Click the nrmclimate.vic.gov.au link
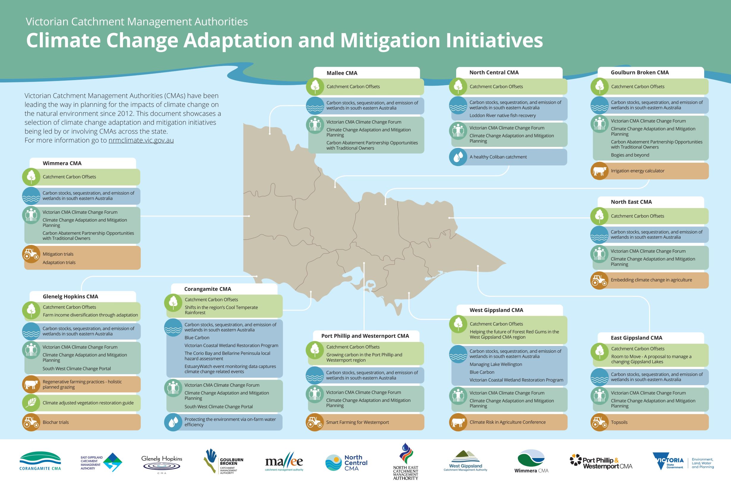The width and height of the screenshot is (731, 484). (141, 140)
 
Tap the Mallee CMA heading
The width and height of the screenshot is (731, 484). (342, 73)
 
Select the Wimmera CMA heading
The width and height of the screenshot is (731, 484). (62, 163)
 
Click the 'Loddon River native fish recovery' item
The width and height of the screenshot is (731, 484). (502, 116)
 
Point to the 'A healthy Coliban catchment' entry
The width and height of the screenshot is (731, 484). (498, 157)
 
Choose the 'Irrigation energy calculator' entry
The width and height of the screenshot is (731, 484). (637, 171)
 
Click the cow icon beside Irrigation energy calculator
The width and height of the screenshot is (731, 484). (599, 171)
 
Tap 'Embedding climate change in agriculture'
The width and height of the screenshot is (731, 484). (651, 280)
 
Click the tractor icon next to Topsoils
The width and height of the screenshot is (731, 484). (599, 422)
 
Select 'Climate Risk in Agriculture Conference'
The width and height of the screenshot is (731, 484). (507, 422)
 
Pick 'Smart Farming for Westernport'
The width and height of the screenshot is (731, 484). (357, 422)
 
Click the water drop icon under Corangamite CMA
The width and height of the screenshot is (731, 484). (173, 422)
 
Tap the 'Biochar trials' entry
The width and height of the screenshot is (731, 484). (56, 422)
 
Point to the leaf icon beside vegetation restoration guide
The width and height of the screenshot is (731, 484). (31, 403)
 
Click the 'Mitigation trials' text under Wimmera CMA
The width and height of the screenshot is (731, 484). (58, 254)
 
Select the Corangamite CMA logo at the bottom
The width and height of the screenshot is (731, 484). (40, 461)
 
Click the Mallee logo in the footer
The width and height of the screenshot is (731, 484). (284, 462)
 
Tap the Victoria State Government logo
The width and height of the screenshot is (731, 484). (683, 462)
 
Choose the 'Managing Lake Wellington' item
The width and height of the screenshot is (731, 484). (495, 365)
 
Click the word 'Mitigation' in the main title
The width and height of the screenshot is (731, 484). (390, 40)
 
